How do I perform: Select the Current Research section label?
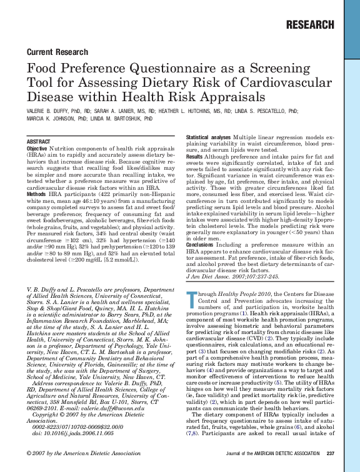point(55,51)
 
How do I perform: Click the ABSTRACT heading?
point(39,142)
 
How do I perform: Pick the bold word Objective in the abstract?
point(37,149)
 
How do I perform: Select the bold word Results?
point(195,155)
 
